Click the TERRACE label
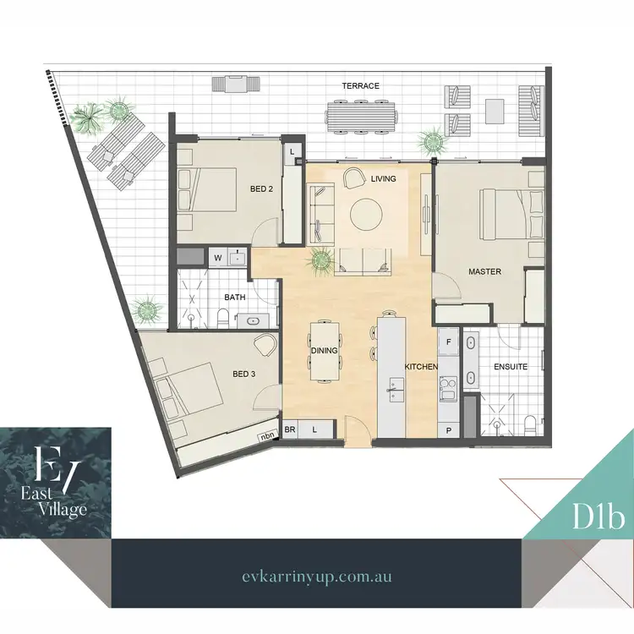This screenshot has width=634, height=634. click(x=360, y=86)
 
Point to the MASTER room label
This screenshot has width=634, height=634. click(x=485, y=271)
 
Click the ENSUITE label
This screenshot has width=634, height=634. click(x=510, y=367)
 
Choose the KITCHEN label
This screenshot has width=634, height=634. click(x=420, y=367)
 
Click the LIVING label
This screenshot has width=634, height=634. click(x=384, y=178)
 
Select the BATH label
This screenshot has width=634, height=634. click(x=234, y=297)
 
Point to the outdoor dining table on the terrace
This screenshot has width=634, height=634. click(x=361, y=114)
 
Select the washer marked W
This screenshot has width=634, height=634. click(x=217, y=257)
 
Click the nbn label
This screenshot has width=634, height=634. click(x=269, y=436)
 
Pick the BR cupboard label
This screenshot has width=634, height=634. click(x=290, y=429)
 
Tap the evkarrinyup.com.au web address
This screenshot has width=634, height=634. click(x=316, y=576)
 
